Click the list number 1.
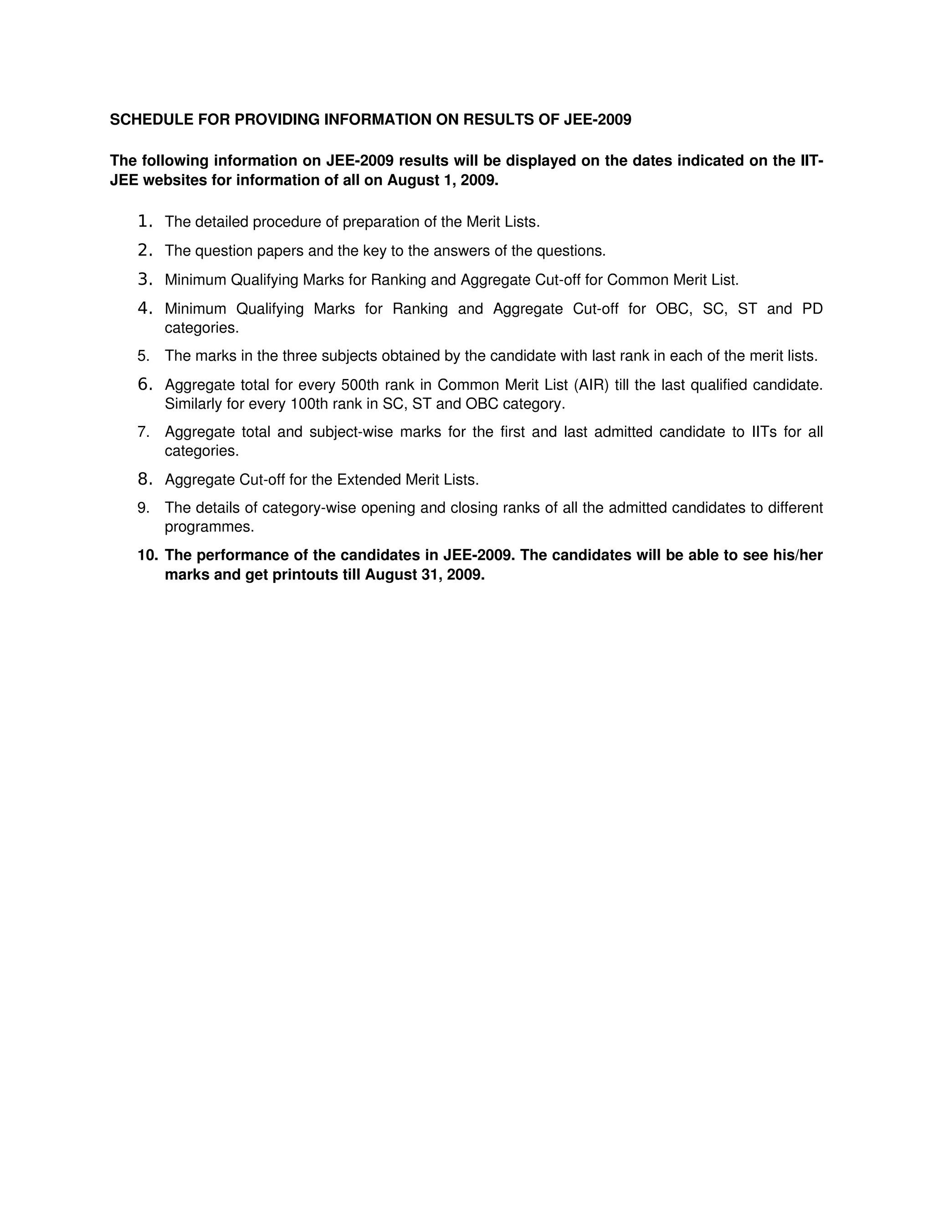144,222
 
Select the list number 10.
148,555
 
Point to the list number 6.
144,384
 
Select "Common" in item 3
637,280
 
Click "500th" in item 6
360,385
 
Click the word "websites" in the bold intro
174,181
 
